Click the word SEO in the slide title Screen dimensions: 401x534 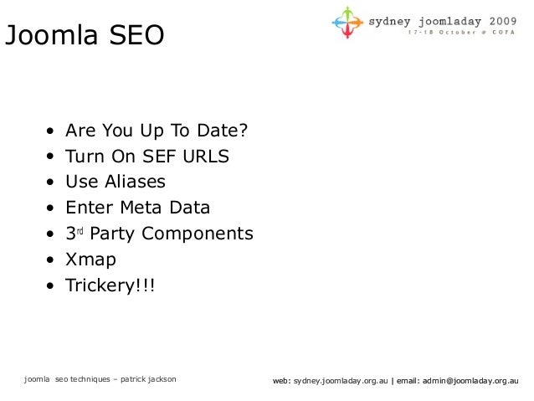[133, 36]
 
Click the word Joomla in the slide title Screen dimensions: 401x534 [51, 36]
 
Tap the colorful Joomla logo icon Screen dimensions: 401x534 [347, 23]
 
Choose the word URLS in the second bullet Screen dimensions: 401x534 [203, 157]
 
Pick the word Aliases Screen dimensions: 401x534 [136, 182]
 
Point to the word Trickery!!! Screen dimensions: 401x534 [110, 285]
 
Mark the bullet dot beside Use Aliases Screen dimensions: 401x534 [52, 183]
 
